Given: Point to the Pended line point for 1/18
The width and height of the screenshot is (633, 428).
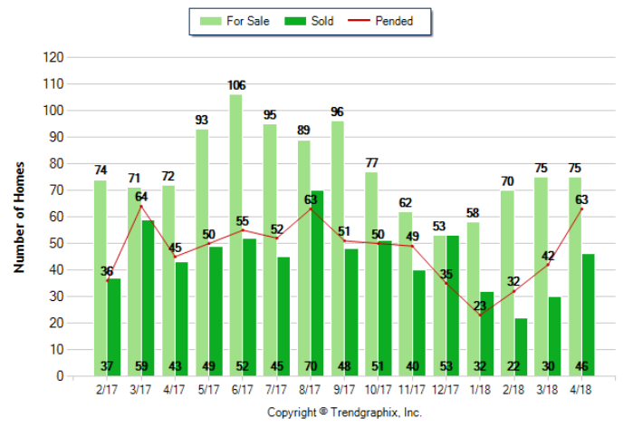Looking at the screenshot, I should click(x=479, y=315).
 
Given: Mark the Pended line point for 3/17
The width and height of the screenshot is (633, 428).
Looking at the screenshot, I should click(x=140, y=206).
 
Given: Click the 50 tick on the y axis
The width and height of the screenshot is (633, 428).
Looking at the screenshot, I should click(x=56, y=243).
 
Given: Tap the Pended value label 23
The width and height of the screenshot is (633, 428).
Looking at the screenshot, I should click(x=479, y=305).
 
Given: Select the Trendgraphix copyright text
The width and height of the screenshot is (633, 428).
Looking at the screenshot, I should click(x=344, y=412).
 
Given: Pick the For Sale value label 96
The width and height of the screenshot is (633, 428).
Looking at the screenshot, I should click(x=337, y=112).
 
